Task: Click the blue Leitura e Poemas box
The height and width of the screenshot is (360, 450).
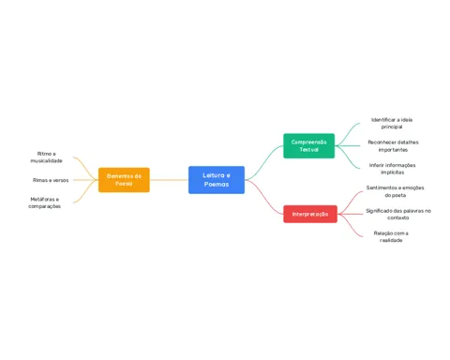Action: (x=217, y=180)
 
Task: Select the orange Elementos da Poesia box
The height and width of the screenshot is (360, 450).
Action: (x=124, y=180)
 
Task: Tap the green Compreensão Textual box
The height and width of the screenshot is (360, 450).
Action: (x=308, y=145)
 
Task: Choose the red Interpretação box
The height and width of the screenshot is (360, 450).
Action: (x=310, y=214)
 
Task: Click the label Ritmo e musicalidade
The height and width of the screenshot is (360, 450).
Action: (x=46, y=157)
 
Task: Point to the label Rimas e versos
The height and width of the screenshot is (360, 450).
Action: (x=51, y=180)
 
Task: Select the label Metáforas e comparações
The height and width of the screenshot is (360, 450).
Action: (x=45, y=202)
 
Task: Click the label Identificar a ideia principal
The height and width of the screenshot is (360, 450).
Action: (x=392, y=123)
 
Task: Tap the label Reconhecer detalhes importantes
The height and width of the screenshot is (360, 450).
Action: (x=393, y=146)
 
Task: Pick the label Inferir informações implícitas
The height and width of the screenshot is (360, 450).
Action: (x=393, y=169)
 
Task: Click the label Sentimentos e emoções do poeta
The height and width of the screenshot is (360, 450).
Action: (x=396, y=191)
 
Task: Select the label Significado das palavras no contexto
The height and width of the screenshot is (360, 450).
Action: (x=398, y=214)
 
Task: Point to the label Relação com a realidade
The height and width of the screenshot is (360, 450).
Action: (x=391, y=236)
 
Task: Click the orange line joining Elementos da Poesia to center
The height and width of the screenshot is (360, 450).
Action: (x=169, y=180)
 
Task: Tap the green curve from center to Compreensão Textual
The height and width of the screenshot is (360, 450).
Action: (x=264, y=162)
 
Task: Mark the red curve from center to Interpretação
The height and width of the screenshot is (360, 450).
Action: (x=264, y=197)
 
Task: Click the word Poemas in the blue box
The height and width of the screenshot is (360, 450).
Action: (x=217, y=184)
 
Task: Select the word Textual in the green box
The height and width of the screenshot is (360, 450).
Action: (x=308, y=149)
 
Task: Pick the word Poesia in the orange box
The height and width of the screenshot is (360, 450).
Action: (x=124, y=184)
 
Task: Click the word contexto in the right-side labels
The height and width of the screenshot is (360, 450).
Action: (x=398, y=217)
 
